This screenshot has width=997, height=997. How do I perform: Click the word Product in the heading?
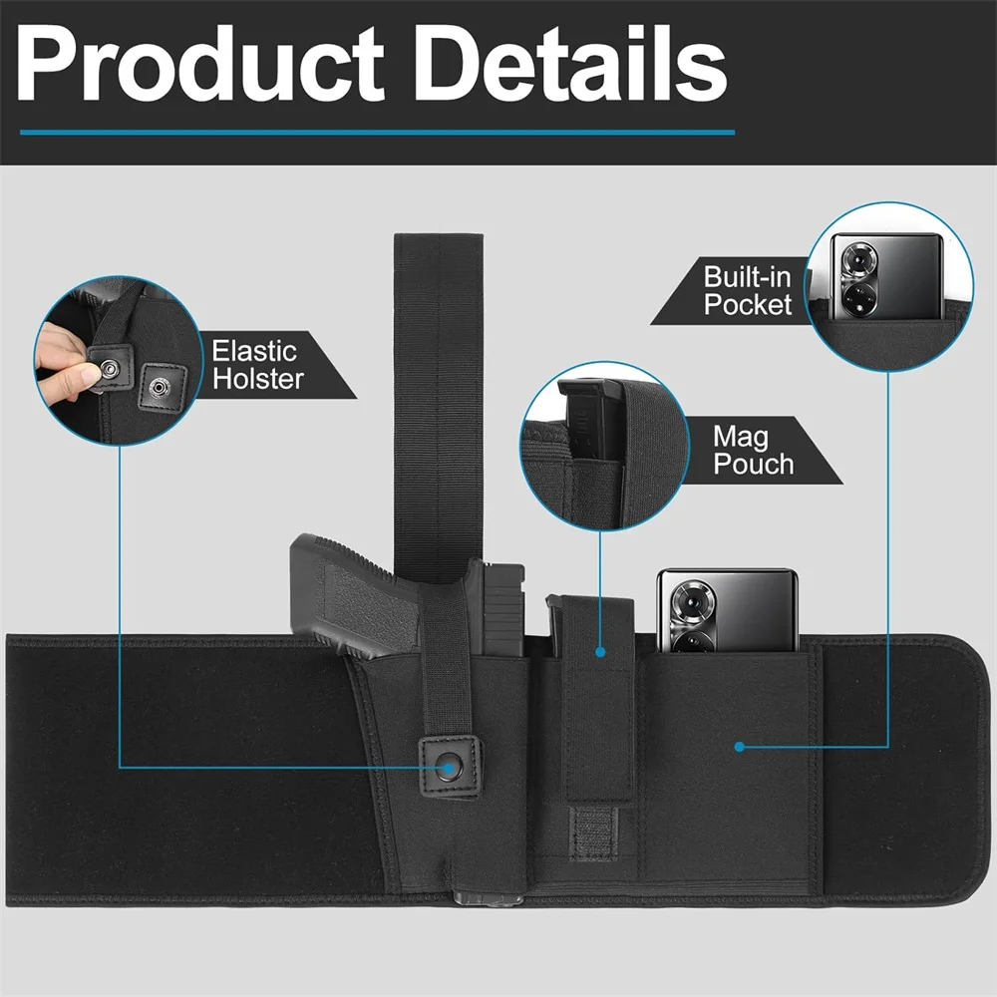[x=199, y=64]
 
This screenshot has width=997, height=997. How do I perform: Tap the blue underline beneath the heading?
[x=377, y=133]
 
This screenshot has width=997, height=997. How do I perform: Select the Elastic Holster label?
[x=257, y=365]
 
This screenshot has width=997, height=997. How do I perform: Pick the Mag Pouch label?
[x=754, y=451]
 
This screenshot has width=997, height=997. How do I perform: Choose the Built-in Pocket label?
[x=747, y=290]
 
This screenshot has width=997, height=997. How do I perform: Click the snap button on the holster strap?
[x=449, y=766]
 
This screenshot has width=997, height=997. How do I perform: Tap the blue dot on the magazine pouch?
[x=600, y=652]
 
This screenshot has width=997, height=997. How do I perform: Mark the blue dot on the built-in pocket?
[x=739, y=747]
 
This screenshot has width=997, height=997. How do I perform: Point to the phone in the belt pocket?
[x=727, y=610]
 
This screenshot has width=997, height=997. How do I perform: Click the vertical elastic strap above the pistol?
[x=438, y=407]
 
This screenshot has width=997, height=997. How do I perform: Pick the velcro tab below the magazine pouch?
[x=593, y=832]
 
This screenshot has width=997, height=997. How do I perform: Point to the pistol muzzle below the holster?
[x=488, y=899]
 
